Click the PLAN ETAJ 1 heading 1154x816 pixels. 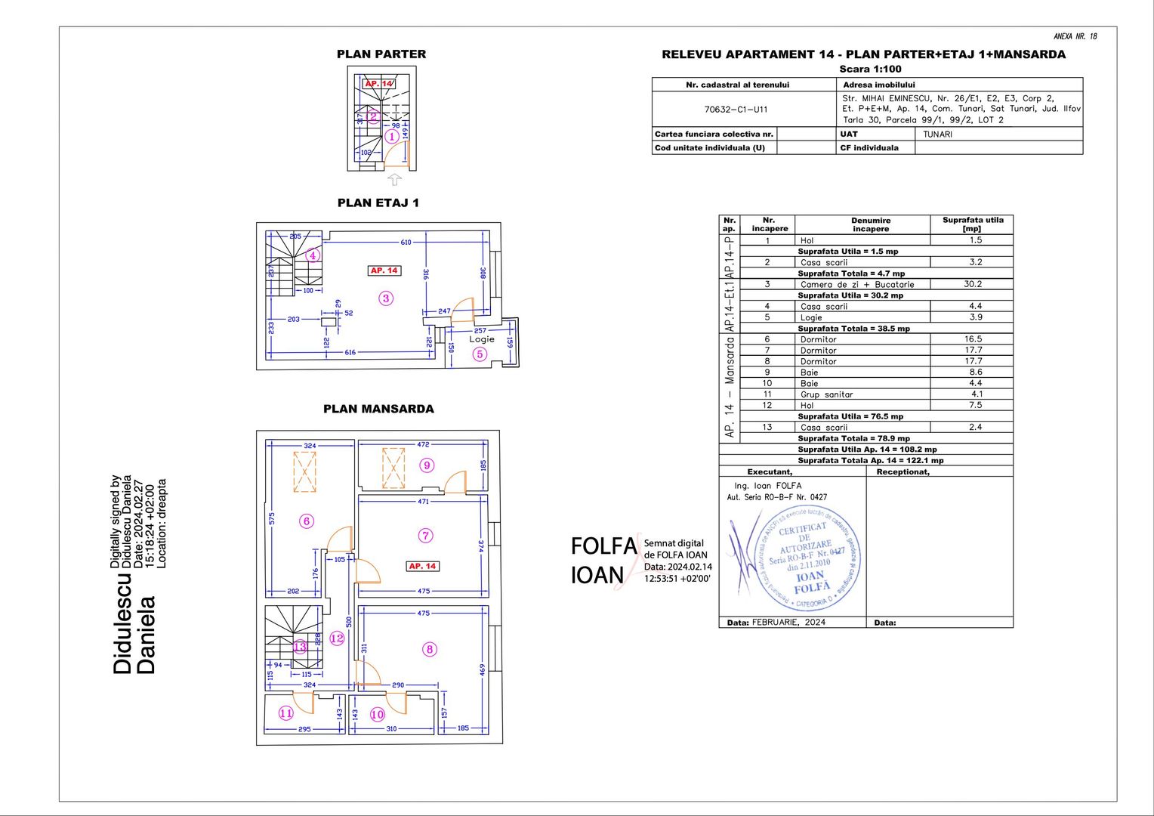[378, 202]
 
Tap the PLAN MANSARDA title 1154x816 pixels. [378, 409]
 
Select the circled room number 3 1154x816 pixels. [386, 298]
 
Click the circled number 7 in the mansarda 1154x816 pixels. [426, 536]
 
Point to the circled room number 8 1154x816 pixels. [429, 649]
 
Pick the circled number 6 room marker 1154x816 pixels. [307, 521]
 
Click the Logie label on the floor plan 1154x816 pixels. [481, 339]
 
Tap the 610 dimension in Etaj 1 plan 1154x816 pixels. [406, 243]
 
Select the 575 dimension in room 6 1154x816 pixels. [272, 519]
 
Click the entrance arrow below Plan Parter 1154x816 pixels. [394, 180]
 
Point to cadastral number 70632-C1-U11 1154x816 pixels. [736, 110]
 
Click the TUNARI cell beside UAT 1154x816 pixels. [937, 134]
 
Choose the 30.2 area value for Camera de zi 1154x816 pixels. [973, 284]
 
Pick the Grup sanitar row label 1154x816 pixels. [826, 394]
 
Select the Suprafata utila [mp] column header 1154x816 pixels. [972, 224]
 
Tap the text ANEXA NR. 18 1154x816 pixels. [1075, 36]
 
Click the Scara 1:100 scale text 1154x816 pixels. [870, 69]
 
